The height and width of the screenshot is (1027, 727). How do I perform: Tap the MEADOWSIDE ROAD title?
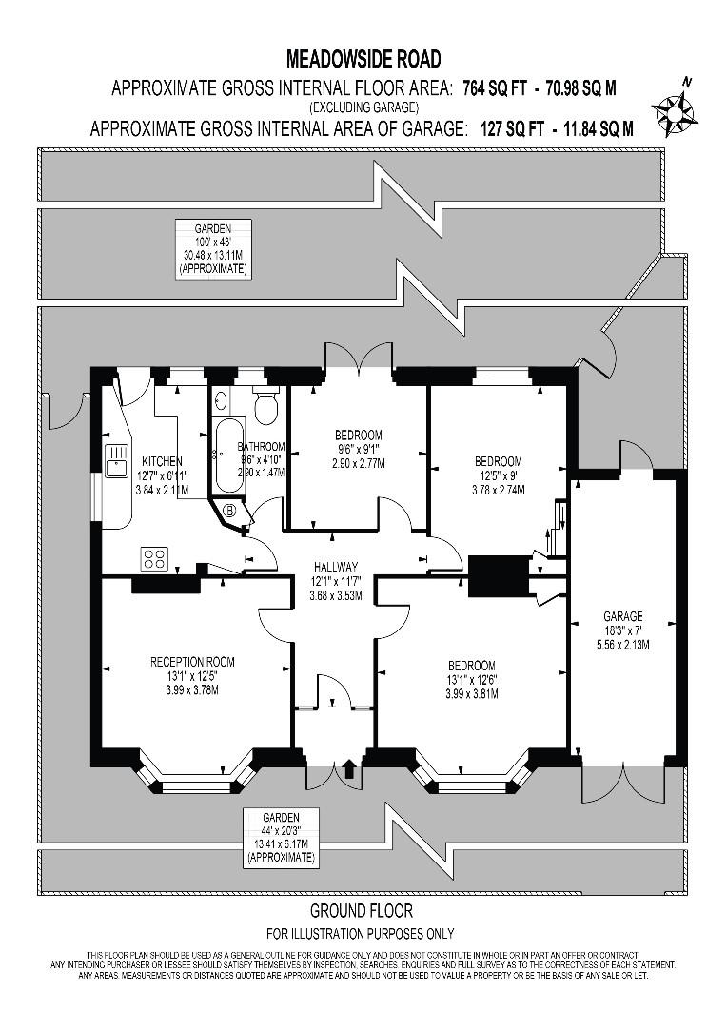363,59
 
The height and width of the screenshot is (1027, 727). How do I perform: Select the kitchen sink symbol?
116,459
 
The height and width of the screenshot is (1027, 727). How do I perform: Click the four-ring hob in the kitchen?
154,558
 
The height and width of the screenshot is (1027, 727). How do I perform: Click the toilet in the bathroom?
265,407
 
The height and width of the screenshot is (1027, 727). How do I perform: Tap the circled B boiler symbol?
229,511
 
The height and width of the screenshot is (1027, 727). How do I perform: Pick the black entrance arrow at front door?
349,768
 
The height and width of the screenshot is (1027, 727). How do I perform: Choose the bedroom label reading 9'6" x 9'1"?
358,450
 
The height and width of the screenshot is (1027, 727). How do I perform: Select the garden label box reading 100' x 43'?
214,248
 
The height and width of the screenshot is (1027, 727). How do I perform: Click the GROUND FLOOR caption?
362,910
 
